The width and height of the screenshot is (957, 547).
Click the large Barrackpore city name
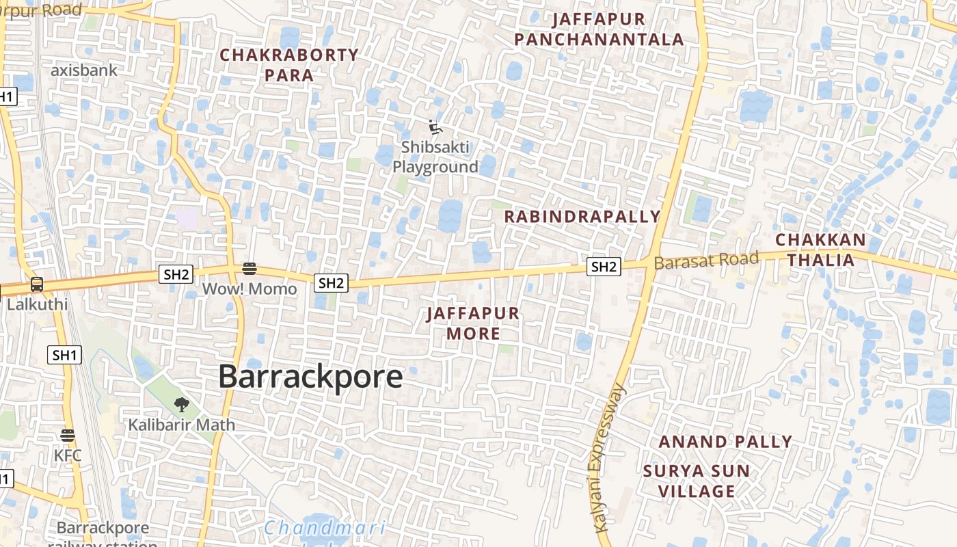[x=310, y=377]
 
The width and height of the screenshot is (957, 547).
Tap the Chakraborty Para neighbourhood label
[x=289, y=65]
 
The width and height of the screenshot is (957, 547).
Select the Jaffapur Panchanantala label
[x=599, y=29]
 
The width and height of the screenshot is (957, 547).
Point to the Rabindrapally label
[x=582, y=217]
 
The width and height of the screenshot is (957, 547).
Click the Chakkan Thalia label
[x=820, y=250]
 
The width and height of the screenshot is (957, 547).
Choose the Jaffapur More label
[x=473, y=323]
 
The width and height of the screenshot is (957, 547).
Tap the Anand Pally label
[x=725, y=442]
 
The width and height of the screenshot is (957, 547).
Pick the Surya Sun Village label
[x=697, y=481]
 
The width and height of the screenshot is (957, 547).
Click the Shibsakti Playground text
[x=435, y=157]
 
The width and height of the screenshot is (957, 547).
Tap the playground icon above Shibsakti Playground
[x=435, y=127]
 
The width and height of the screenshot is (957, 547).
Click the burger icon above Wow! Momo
[x=249, y=269]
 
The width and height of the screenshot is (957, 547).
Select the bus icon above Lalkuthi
[x=36, y=285]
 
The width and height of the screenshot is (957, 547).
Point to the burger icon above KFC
[x=67, y=436]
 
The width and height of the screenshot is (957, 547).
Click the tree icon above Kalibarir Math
[x=181, y=405]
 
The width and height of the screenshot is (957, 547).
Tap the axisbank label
[x=84, y=70]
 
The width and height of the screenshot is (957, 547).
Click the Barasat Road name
[x=706, y=261]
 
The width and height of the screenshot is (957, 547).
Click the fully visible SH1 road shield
[x=65, y=355]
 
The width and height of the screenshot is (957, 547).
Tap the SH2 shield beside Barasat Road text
[x=604, y=267]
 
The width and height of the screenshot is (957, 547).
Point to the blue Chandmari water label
[x=324, y=528]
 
